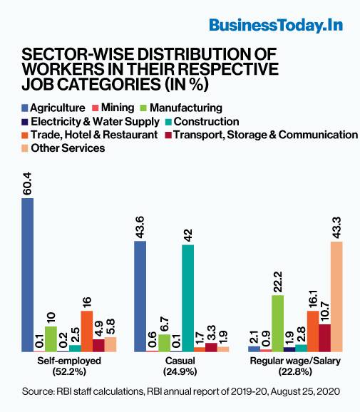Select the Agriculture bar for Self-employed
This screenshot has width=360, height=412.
pos(27,274)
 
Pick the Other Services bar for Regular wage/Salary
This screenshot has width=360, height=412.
pos(336,296)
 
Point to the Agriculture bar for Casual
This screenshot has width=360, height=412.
pos(140,296)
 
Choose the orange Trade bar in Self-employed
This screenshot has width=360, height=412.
pos(87,331)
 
